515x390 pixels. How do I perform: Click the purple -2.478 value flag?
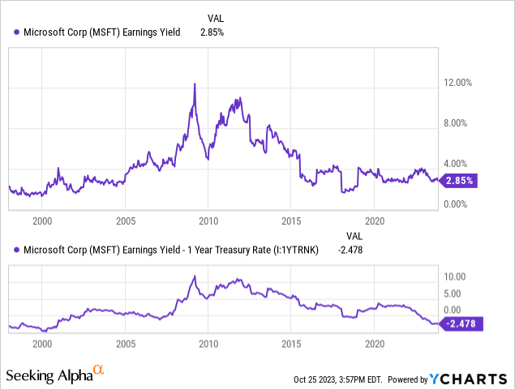point(460,324)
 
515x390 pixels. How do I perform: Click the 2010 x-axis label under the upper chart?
point(208,220)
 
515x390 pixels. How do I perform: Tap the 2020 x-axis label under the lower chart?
point(375,343)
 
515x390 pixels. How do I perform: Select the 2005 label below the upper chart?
point(125,220)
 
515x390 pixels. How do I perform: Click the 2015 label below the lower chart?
point(292,343)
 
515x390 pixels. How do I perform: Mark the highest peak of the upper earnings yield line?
point(194,84)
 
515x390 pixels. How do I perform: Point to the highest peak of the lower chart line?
point(194,276)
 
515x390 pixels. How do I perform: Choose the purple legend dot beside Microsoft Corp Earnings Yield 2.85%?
point(18,32)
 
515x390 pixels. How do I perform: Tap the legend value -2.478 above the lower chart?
point(350,249)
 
